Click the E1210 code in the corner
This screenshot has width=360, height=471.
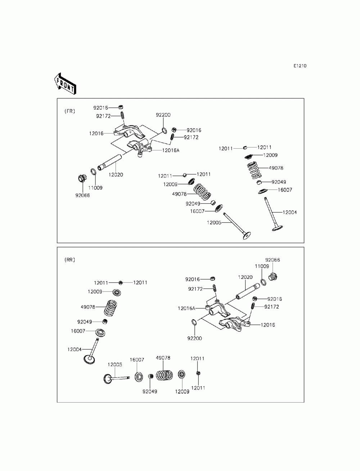pyautogui.click(x=300, y=66)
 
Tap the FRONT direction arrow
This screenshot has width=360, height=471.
pyautogui.click(x=65, y=83)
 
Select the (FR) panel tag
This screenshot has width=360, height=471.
pyautogui.click(x=69, y=111)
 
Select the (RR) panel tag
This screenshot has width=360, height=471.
pyautogui.click(x=69, y=260)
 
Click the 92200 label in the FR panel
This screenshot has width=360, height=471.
pyautogui.click(x=163, y=115)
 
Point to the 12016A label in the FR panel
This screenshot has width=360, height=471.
pyautogui.click(x=171, y=150)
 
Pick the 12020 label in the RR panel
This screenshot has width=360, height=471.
pyautogui.click(x=245, y=277)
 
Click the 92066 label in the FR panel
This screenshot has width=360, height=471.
pyautogui.click(x=82, y=195)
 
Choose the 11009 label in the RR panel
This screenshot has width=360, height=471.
pyautogui.click(x=262, y=266)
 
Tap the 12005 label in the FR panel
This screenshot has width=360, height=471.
pyautogui.click(x=214, y=223)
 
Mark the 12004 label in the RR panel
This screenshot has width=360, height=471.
pyautogui.click(x=75, y=349)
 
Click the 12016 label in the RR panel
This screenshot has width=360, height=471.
pyautogui.click(x=268, y=325)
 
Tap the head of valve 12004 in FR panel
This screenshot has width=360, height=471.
pyautogui.click(x=277, y=228)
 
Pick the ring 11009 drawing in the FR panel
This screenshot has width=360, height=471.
pyautogui.click(x=93, y=172)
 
